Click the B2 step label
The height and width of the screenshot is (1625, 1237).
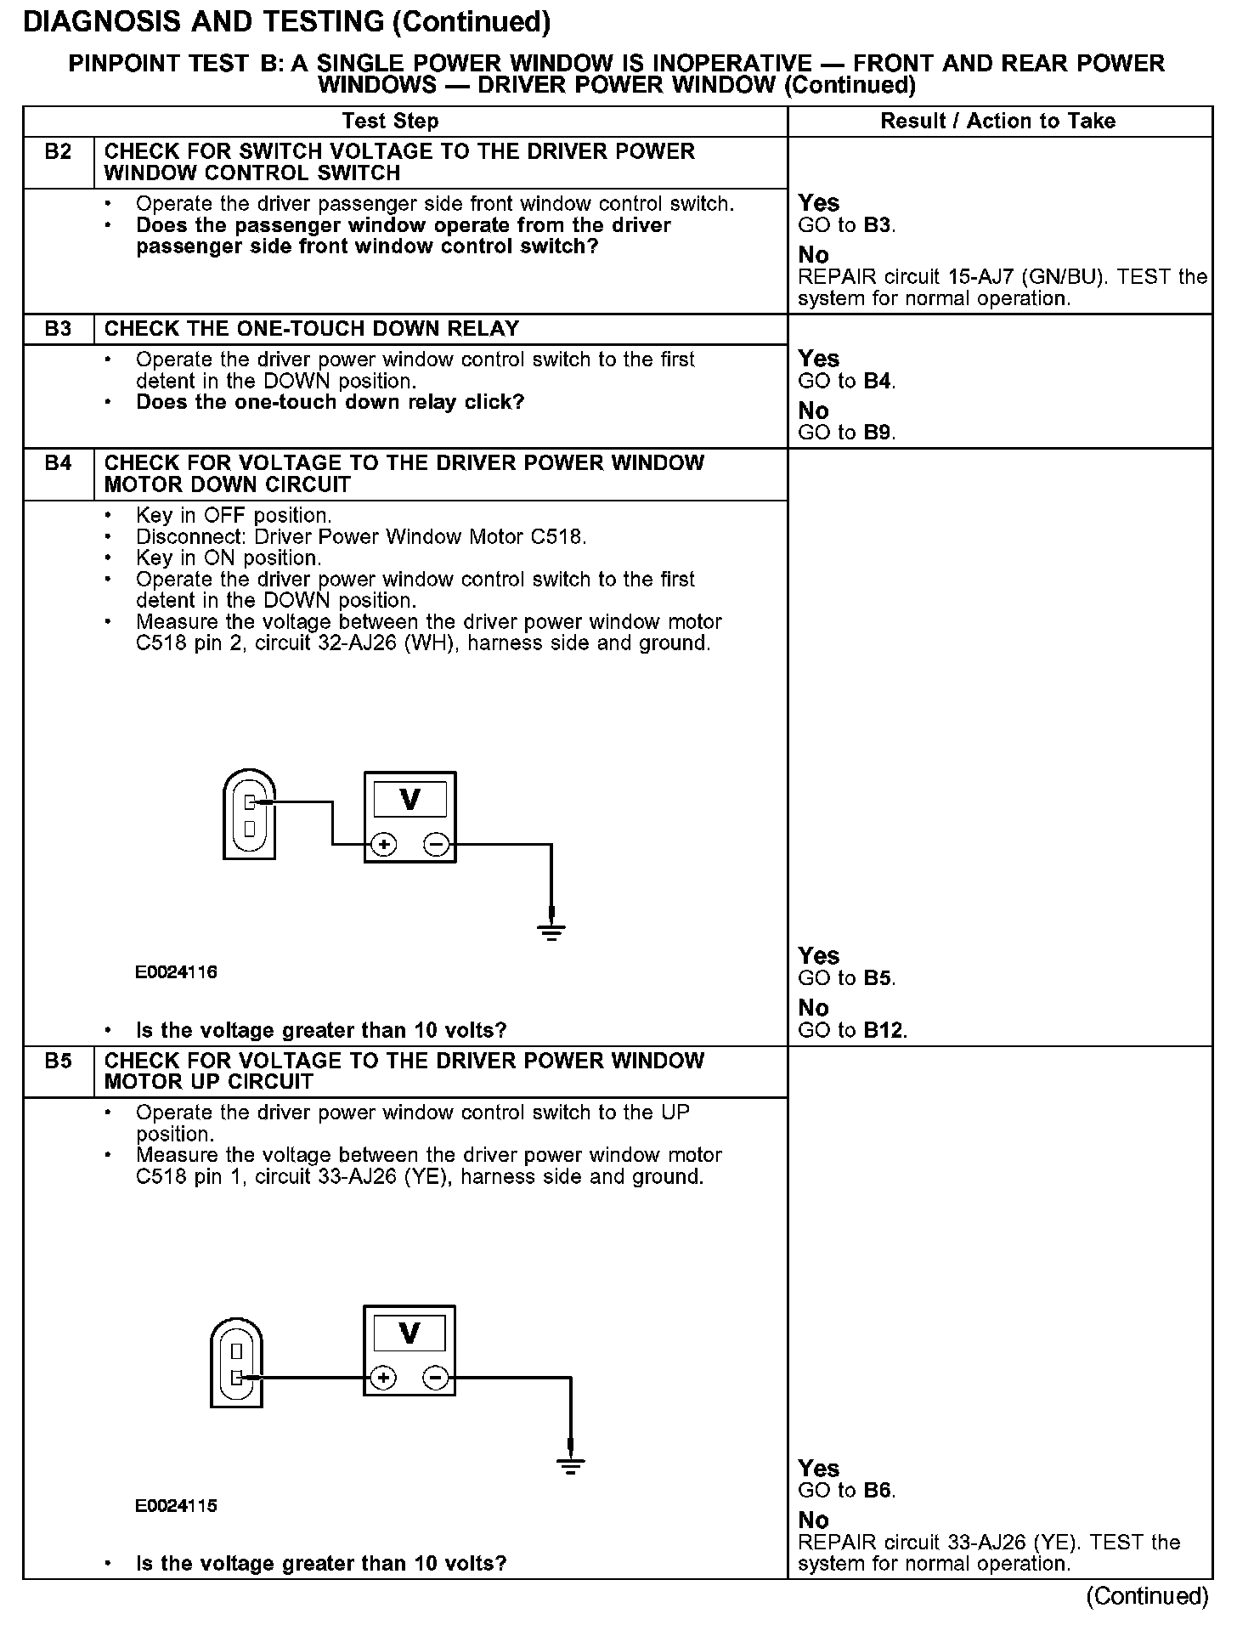click(x=58, y=152)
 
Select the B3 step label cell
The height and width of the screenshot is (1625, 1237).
click(x=58, y=329)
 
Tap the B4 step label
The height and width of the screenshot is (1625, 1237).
click(x=58, y=463)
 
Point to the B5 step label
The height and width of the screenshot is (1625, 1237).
click(x=58, y=1061)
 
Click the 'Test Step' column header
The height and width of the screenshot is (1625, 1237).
click(x=390, y=121)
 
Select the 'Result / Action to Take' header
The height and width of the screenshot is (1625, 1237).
click(x=997, y=121)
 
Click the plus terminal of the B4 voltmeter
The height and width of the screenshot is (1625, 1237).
click(x=384, y=845)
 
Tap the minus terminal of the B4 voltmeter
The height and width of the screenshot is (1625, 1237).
click(x=436, y=845)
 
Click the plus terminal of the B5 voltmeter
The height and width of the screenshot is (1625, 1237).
click(x=383, y=1378)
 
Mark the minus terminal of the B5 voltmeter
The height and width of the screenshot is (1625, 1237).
click(x=435, y=1378)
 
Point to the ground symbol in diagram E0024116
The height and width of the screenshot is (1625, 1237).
click(x=551, y=932)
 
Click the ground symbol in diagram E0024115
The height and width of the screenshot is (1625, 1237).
click(x=571, y=1466)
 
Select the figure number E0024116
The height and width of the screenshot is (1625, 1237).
click(x=176, y=972)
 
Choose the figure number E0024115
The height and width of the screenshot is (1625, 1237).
click(x=176, y=1506)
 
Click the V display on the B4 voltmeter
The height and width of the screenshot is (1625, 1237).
click(x=410, y=800)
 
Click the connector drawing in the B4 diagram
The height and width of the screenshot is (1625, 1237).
click(x=249, y=814)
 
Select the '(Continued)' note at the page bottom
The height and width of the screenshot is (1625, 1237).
click(x=1147, y=1597)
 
